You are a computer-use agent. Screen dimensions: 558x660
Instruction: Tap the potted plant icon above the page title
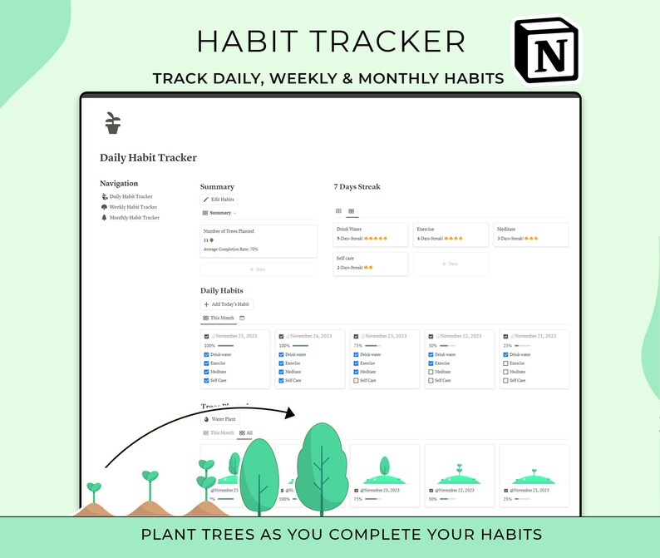[113, 123]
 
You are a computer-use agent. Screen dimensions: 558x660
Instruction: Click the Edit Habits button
[219, 200]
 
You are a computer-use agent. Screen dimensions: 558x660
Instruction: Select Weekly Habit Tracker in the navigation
[133, 207]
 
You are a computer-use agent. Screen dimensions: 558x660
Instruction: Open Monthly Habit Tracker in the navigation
[134, 218]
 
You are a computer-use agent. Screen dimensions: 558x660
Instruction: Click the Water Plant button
[220, 419]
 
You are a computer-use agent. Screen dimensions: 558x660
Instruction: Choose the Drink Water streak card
[371, 234]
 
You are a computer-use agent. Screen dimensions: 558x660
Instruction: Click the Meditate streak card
[531, 234]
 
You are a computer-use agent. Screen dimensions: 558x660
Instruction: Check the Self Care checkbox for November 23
[356, 381]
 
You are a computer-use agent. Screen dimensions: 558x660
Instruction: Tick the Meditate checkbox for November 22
[431, 372]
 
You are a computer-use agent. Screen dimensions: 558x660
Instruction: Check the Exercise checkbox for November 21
[505, 363]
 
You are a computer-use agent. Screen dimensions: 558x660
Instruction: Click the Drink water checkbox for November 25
[206, 355]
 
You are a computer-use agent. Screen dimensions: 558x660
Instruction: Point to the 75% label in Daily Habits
[357, 345]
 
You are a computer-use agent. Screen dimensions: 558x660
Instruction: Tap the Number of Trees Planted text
[229, 231]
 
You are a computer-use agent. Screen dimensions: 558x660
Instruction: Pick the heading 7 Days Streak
[357, 187]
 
